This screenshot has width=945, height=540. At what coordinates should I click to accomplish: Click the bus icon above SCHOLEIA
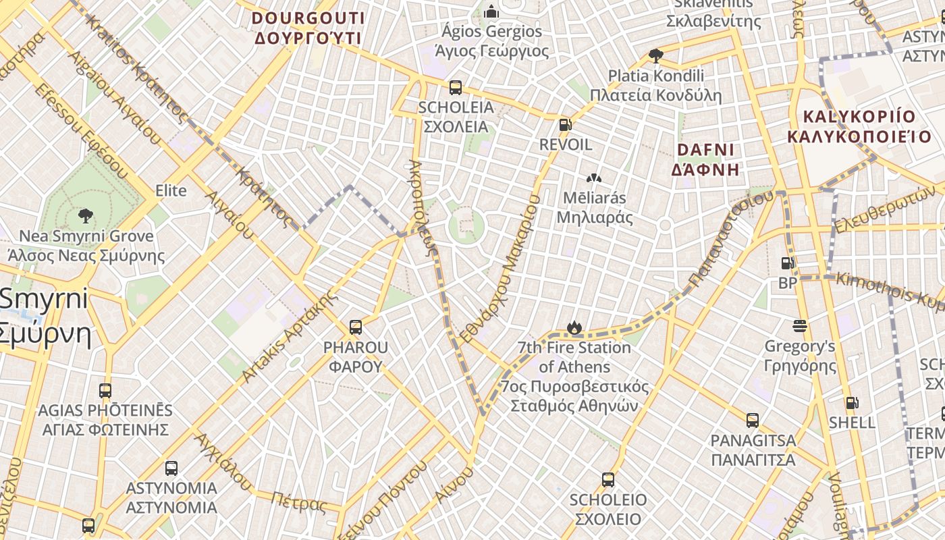click(x=456, y=87)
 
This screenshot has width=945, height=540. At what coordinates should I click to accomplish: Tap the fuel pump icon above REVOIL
click(x=565, y=125)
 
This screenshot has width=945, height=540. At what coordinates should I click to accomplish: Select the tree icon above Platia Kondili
click(x=655, y=55)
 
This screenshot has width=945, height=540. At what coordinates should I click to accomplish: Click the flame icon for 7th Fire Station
click(x=574, y=328)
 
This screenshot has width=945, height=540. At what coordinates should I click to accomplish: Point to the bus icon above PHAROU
click(x=356, y=327)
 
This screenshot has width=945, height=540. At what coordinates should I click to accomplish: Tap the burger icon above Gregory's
click(x=800, y=327)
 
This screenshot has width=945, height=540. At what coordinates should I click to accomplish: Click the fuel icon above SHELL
click(x=853, y=403)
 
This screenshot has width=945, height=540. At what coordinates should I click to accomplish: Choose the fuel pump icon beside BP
click(x=787, y=263)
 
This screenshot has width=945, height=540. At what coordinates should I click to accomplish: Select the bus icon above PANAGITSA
click(x=753, y=421)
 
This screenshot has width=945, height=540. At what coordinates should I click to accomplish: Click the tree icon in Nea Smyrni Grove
click(x=86, y=216)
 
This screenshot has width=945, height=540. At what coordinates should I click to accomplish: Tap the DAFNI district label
click(x=705, y=150)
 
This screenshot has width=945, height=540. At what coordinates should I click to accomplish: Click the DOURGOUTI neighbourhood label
click(x=308, y=18)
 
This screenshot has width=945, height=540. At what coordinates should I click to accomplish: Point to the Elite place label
click(x=171, y=190)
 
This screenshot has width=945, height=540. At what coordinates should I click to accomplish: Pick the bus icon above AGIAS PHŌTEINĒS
click(x=105, y=390)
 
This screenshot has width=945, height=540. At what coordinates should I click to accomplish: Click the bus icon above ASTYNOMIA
click(x=171, y=468)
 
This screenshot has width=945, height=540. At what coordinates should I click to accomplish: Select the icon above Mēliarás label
click(x=594, y=178)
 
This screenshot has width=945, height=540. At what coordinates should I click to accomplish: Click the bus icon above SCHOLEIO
click(x=608, y=480)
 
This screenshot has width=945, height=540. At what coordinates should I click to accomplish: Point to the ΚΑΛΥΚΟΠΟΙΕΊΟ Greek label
click(x=859, y=136)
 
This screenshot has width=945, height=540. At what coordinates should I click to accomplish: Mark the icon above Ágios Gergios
click(x=491, y=11)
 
